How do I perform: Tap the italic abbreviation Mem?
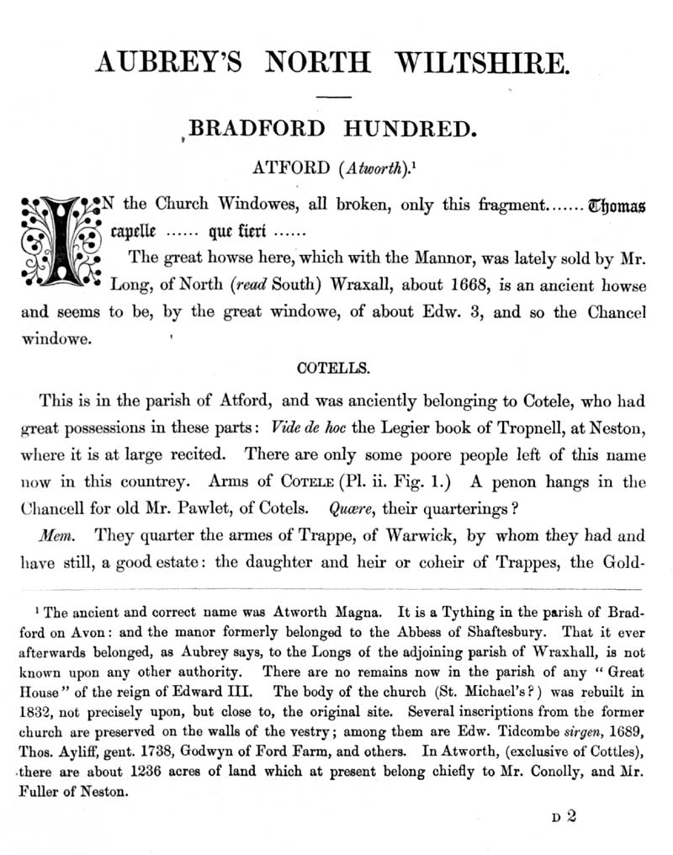coord(53,534)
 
